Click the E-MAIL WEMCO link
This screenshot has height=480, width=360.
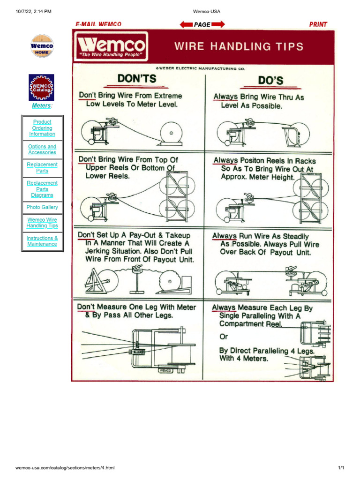98,24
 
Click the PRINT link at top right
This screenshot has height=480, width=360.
318,24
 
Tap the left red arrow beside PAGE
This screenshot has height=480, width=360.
187,24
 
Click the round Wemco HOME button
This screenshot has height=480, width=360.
42,46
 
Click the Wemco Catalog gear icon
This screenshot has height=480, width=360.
42,87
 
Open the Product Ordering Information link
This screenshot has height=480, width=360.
42,128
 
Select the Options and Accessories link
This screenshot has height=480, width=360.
42,150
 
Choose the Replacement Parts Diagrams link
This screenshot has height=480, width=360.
42,189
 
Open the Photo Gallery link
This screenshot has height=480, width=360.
42,207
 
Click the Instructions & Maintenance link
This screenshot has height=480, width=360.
42,241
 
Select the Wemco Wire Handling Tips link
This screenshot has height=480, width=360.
42,223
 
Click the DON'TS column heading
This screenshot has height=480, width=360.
136,79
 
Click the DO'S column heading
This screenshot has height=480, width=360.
270,80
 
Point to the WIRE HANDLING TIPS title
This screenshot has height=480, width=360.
239,46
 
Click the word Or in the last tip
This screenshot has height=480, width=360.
224,337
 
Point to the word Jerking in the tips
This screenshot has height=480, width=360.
100,251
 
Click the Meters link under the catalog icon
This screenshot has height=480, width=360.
41,106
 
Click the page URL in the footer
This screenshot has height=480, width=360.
65,468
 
